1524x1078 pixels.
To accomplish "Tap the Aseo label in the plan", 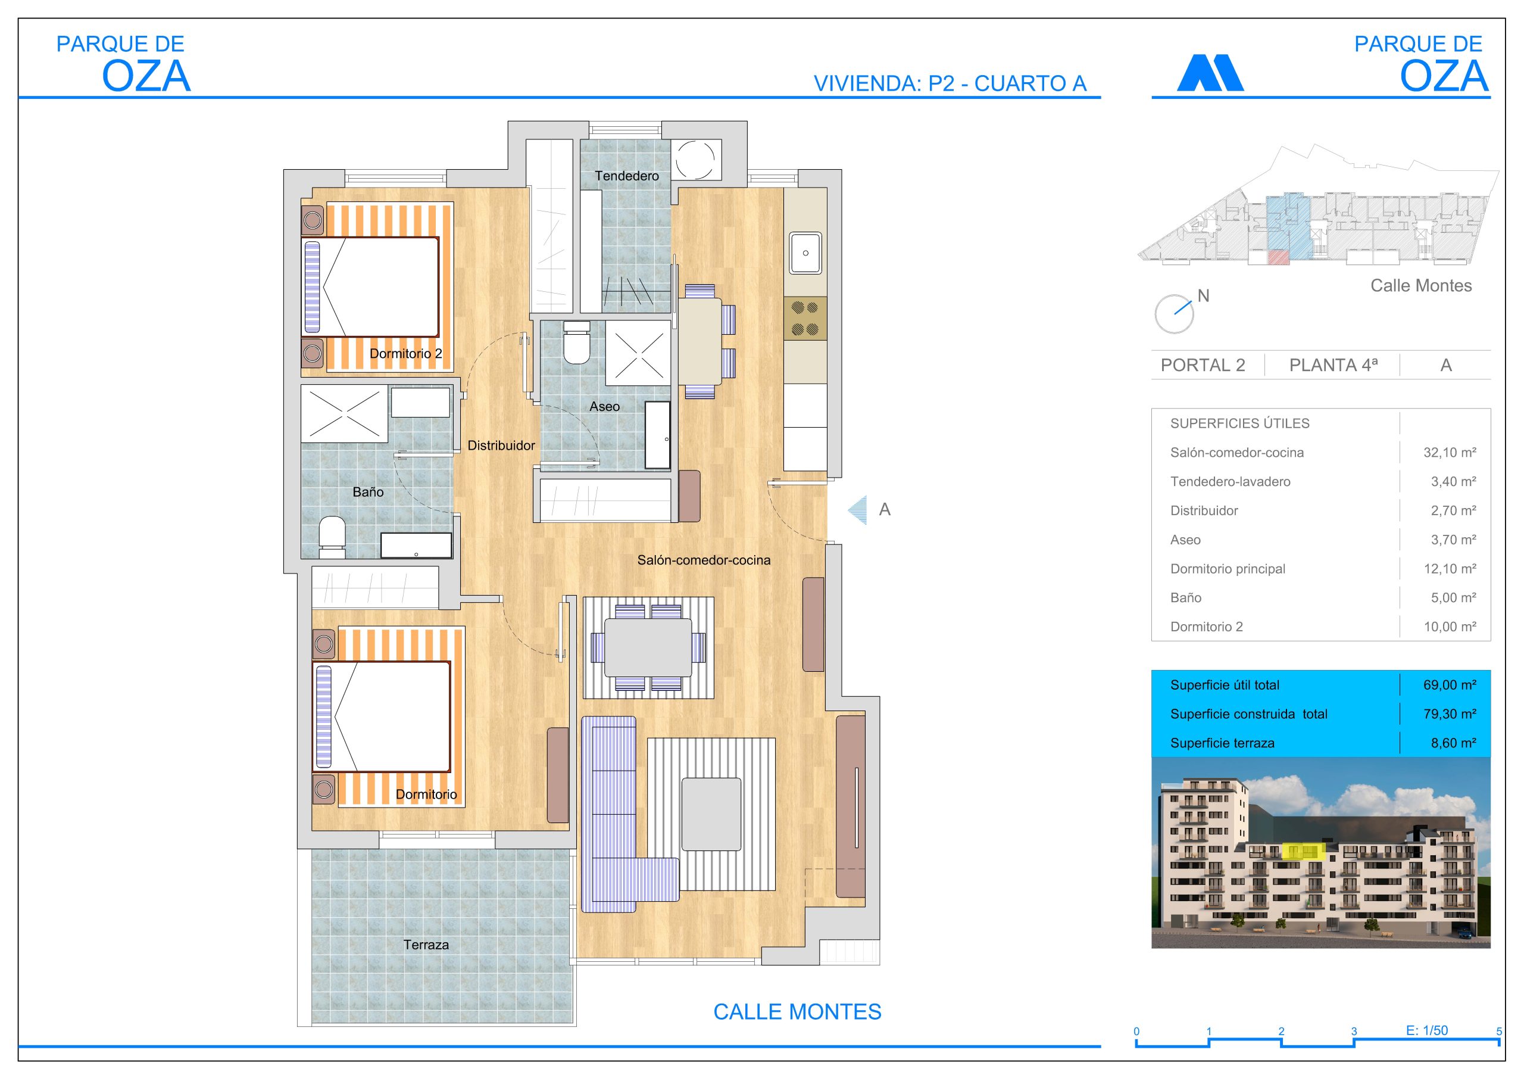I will point(604,407).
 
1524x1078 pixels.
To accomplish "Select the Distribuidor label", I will point(501,445).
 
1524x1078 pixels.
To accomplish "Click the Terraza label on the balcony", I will point(426,945).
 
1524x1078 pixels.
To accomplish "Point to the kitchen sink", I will point(805,253).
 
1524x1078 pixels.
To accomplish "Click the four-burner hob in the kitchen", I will point(805,318).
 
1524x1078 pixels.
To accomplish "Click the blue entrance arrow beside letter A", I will point(858,510).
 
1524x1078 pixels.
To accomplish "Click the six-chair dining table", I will point(648,647).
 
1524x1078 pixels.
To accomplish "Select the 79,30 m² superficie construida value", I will point(1449,714).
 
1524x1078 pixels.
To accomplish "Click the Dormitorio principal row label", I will point(1228,569).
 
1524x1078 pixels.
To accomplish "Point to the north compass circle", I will point(1173,314).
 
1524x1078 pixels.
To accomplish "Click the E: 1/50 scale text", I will point(1426,1030).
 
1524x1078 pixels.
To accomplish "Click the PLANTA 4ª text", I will point(1333,365).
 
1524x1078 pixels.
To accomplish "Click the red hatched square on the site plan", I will point(1278,258).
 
